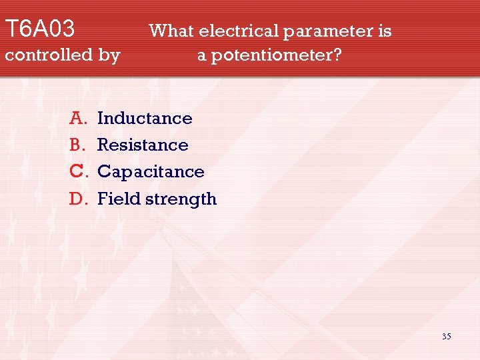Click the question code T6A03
[39, 29]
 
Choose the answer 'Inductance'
[145, 119]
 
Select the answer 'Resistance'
[143, 145]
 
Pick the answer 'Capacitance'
[151, 172]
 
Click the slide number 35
[446, 337]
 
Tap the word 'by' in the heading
[109, 55]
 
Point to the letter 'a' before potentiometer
[201, 56]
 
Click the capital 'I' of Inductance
[101, 119]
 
